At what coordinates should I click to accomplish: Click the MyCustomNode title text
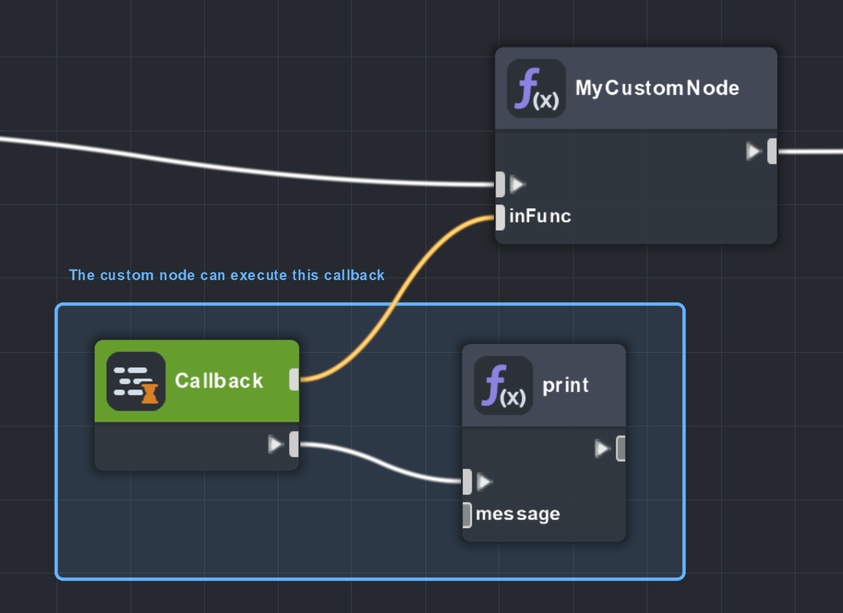[657, 88]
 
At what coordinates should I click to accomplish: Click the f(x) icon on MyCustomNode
[536, 89]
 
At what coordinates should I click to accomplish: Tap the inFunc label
[539, 216]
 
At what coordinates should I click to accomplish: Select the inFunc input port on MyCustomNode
[500, 218]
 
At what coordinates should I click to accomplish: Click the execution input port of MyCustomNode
[501, 184]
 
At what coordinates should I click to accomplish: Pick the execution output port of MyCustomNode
[772, 151]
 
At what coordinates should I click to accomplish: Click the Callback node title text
[219, 381]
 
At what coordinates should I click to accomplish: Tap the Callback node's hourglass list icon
[136, 381]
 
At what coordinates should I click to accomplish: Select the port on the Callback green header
[294, 380]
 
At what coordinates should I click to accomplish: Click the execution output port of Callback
[294, 444]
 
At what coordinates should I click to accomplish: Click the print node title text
[565, 386]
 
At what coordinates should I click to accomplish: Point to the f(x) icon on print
[503, 386]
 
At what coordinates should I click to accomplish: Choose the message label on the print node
[518, 514]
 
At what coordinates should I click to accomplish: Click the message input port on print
[467, 514]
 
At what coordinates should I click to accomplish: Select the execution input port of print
[468, 482]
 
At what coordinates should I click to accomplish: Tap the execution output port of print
[620, 448]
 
